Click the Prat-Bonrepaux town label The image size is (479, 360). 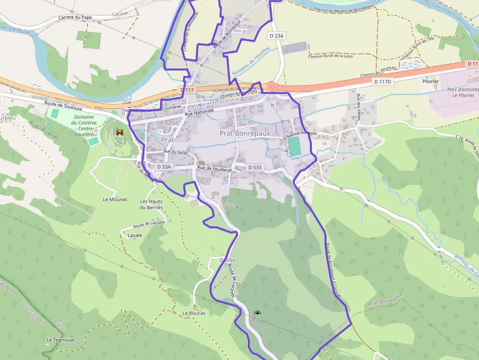pos(244,133)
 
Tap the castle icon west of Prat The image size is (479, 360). pos(119,132)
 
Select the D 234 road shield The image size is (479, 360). pos(276,36)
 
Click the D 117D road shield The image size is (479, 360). pos(383,82)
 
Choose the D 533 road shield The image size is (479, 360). pos(255,167)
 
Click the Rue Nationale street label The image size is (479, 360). pos(199,112)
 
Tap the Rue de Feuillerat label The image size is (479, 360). pos(215,169)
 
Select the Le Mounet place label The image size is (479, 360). pos(115,199)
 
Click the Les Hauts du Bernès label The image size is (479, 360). pos(151,204)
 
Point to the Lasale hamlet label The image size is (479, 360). pos(134,235)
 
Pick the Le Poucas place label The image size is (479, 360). pos(194,313)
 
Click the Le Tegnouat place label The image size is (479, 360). pos(61,339)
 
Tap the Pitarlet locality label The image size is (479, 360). pos(431,82)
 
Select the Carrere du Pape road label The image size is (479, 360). pos(75,18)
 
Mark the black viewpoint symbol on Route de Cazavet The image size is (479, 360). pos(258,314)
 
